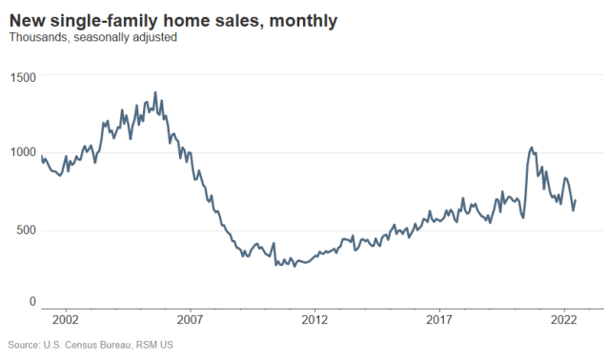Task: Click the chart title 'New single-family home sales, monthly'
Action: (173, 20)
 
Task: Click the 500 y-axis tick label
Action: (27, 230)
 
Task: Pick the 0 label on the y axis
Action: (32, 301)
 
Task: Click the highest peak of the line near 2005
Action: (155, 93)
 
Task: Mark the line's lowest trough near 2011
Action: (294, 267)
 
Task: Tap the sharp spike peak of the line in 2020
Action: (532, 148)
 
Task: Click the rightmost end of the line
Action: (576, 200)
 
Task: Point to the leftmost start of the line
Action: (41, 155)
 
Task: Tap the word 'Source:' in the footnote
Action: (23, 345)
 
